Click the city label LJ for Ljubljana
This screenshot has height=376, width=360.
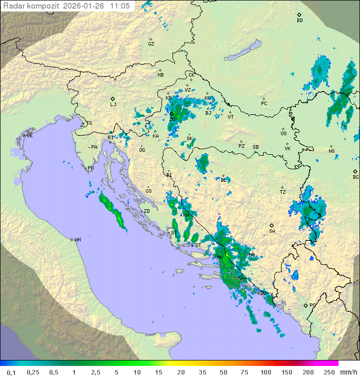(113, 105)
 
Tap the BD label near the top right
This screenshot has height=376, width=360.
(299, 21)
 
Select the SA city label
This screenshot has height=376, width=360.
(272, 231)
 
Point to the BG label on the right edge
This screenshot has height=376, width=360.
(355, 177)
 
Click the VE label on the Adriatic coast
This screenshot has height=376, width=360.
(29, 136)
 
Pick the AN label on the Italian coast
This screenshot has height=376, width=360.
(77, 240)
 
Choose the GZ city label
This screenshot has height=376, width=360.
(151, 44)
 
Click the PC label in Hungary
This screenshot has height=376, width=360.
(264, 104)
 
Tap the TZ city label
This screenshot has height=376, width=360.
(282, 192)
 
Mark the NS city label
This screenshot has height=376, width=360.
(331, 151)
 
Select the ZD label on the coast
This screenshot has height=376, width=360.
(146, 211)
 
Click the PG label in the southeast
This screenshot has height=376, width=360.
(312, 305)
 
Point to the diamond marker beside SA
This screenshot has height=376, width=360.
(272, 225)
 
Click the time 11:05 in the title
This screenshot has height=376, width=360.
(120, 6)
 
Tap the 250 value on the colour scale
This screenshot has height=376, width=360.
(328, 372)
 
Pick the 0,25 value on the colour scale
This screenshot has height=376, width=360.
(33, 372)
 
